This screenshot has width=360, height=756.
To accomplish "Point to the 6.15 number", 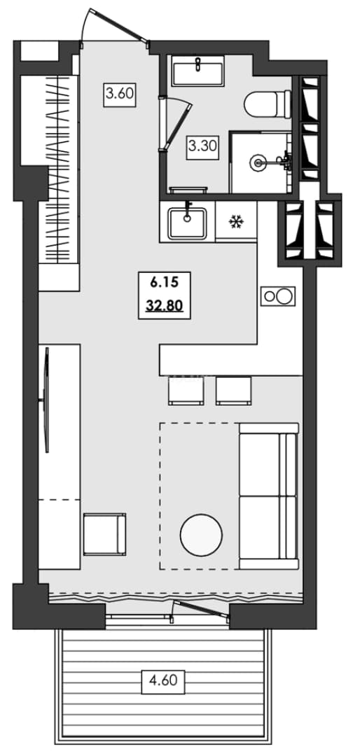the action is point(165,283).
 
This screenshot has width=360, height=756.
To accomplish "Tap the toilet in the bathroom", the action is point(268,104).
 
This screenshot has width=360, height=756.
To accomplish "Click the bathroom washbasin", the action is point(198,71).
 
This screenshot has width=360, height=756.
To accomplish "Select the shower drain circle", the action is point(258,163).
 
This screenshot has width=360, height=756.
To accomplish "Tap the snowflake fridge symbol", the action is point(236,222).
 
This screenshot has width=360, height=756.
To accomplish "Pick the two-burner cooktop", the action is point(278,296).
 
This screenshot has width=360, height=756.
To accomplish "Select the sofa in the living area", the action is point(269,496).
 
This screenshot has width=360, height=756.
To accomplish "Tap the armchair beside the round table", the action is point(105,534).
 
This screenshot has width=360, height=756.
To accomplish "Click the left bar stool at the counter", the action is point(186,390).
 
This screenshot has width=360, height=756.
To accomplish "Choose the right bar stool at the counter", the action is point(233,390).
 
